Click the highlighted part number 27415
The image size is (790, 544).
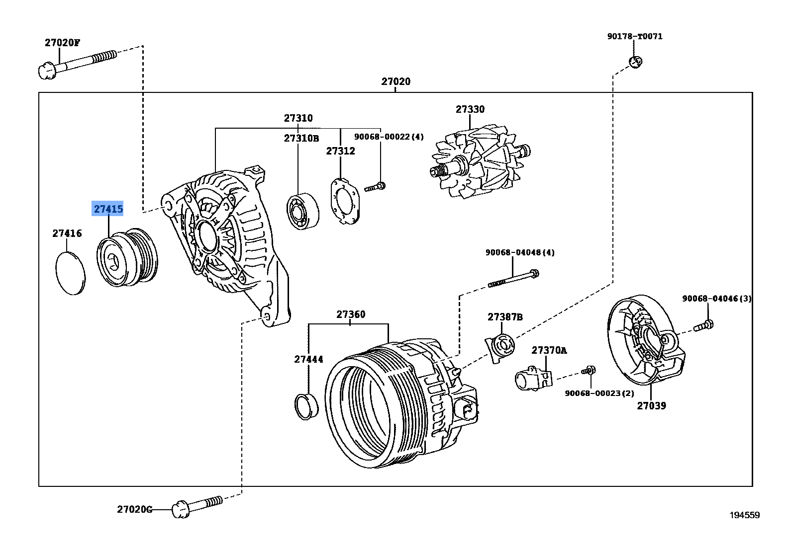coord(108,209)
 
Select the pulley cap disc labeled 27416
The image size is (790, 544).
coord(69,273)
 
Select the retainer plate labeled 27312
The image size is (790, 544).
coord(344,200)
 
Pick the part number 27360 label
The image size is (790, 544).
coord(350,314)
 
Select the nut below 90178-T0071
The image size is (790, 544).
coord(635,62)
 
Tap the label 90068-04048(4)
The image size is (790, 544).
coord(519,252)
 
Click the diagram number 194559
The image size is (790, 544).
coord(744,515)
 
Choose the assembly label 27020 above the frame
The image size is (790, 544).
coord(396,81)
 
